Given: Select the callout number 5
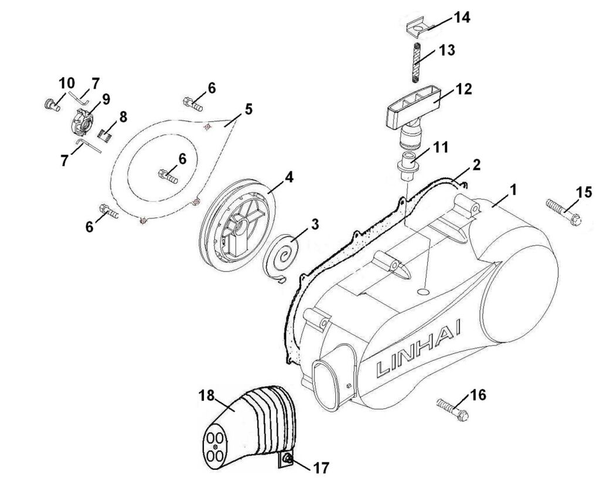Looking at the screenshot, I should pos(248,109).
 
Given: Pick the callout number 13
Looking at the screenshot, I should pos(446,50).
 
